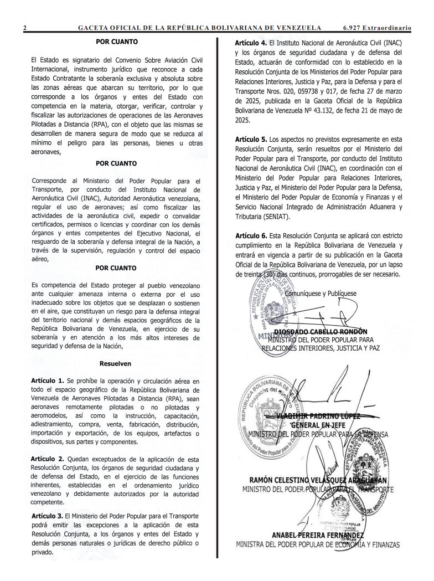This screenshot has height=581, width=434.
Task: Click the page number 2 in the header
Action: pos(25,27)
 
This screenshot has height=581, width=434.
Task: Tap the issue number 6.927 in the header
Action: pos(355,27)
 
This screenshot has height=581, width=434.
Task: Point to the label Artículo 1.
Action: pos(48,382)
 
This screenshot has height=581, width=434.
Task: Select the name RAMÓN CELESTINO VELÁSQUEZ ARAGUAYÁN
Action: pos(318,480)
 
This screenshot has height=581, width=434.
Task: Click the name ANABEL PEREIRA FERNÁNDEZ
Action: pos(318,536)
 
